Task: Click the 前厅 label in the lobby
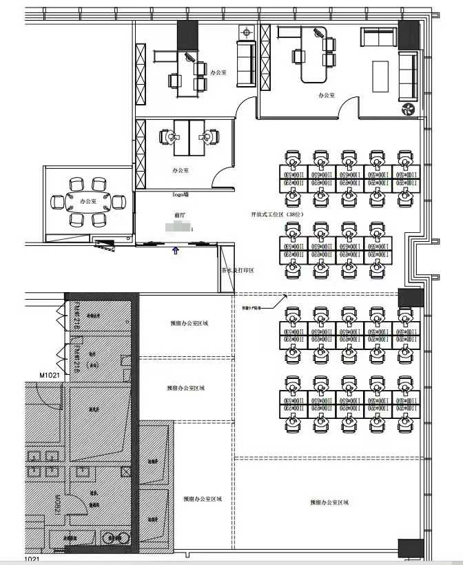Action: (x=179, y=216)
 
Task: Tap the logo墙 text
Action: (x=181, y=195)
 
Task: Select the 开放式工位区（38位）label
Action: (x=276, y=216)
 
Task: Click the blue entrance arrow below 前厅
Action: (x=175, y=251)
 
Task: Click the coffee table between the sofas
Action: (x=381, y=75)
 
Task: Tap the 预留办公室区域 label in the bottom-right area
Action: (x=329, y=502)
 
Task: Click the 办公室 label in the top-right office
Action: (x=327, y=95)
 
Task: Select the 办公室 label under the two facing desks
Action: (x=181, y=169)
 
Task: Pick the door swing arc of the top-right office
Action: (x=349, y=107)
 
